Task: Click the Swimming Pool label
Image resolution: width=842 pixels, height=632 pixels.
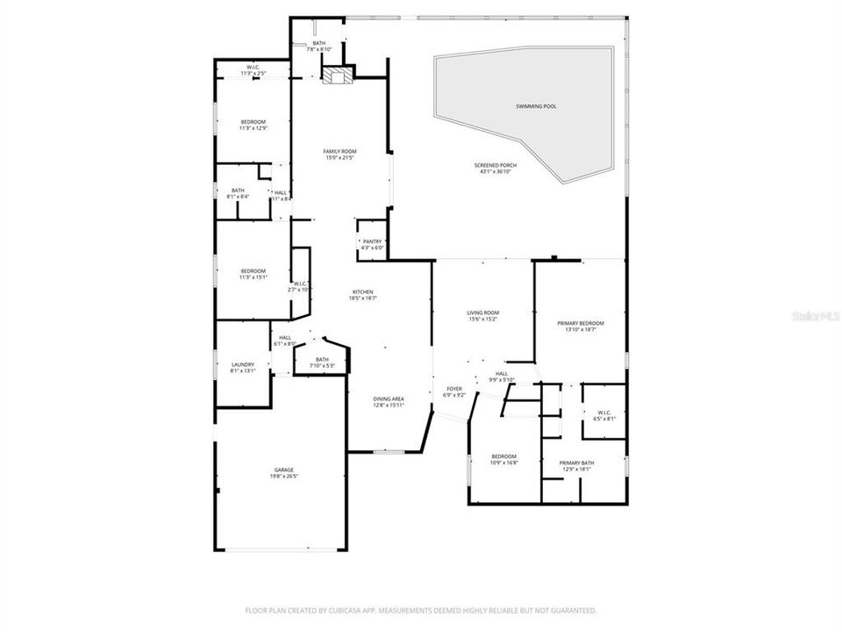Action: click(536, 106)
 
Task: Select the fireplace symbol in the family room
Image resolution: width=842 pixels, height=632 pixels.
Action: click(333, 77)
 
